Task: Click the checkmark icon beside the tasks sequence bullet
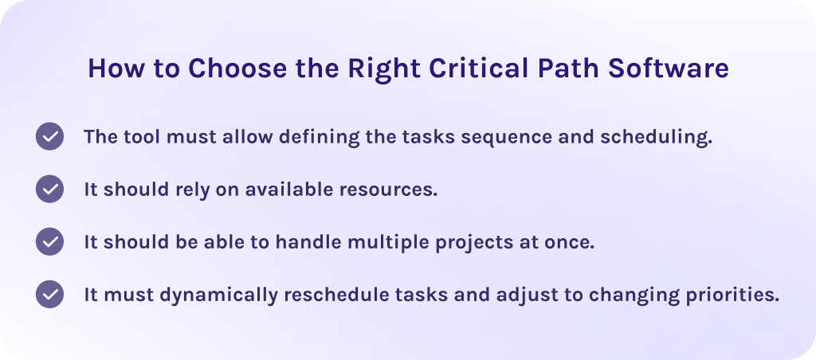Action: [x=49, y=136]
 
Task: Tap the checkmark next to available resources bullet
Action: [x=49, y=189]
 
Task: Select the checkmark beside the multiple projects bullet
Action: [x=49, y=241]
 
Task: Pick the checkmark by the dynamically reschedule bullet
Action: [x=49, y=294]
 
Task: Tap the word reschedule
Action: [x=345, y=294]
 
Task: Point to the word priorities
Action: [x=732, y=294]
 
